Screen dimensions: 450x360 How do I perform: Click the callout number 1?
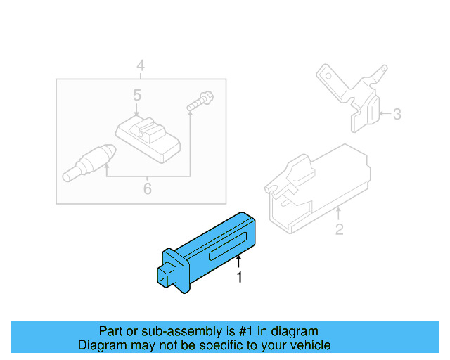(239, 277)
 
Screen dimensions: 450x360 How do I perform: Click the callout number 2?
(339, 229)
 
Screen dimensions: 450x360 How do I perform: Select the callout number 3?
(397, 114)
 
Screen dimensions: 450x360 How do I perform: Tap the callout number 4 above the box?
(141, 65)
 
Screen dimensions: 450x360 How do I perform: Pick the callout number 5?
(137, 95)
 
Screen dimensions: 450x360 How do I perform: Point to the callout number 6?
(147, 188)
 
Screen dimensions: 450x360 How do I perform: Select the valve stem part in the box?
(89, 163)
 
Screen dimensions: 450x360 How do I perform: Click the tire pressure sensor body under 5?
(148, 139)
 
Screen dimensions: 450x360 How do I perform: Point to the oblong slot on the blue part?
(228, 246)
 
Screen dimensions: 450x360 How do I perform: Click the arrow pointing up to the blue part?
(238, 262)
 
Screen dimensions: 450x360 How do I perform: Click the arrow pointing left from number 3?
(385, 113)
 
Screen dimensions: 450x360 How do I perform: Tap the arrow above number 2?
(339, 214)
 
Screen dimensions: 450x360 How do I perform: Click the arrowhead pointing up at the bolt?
(190, 113)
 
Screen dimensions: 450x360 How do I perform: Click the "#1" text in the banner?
(246, 331)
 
